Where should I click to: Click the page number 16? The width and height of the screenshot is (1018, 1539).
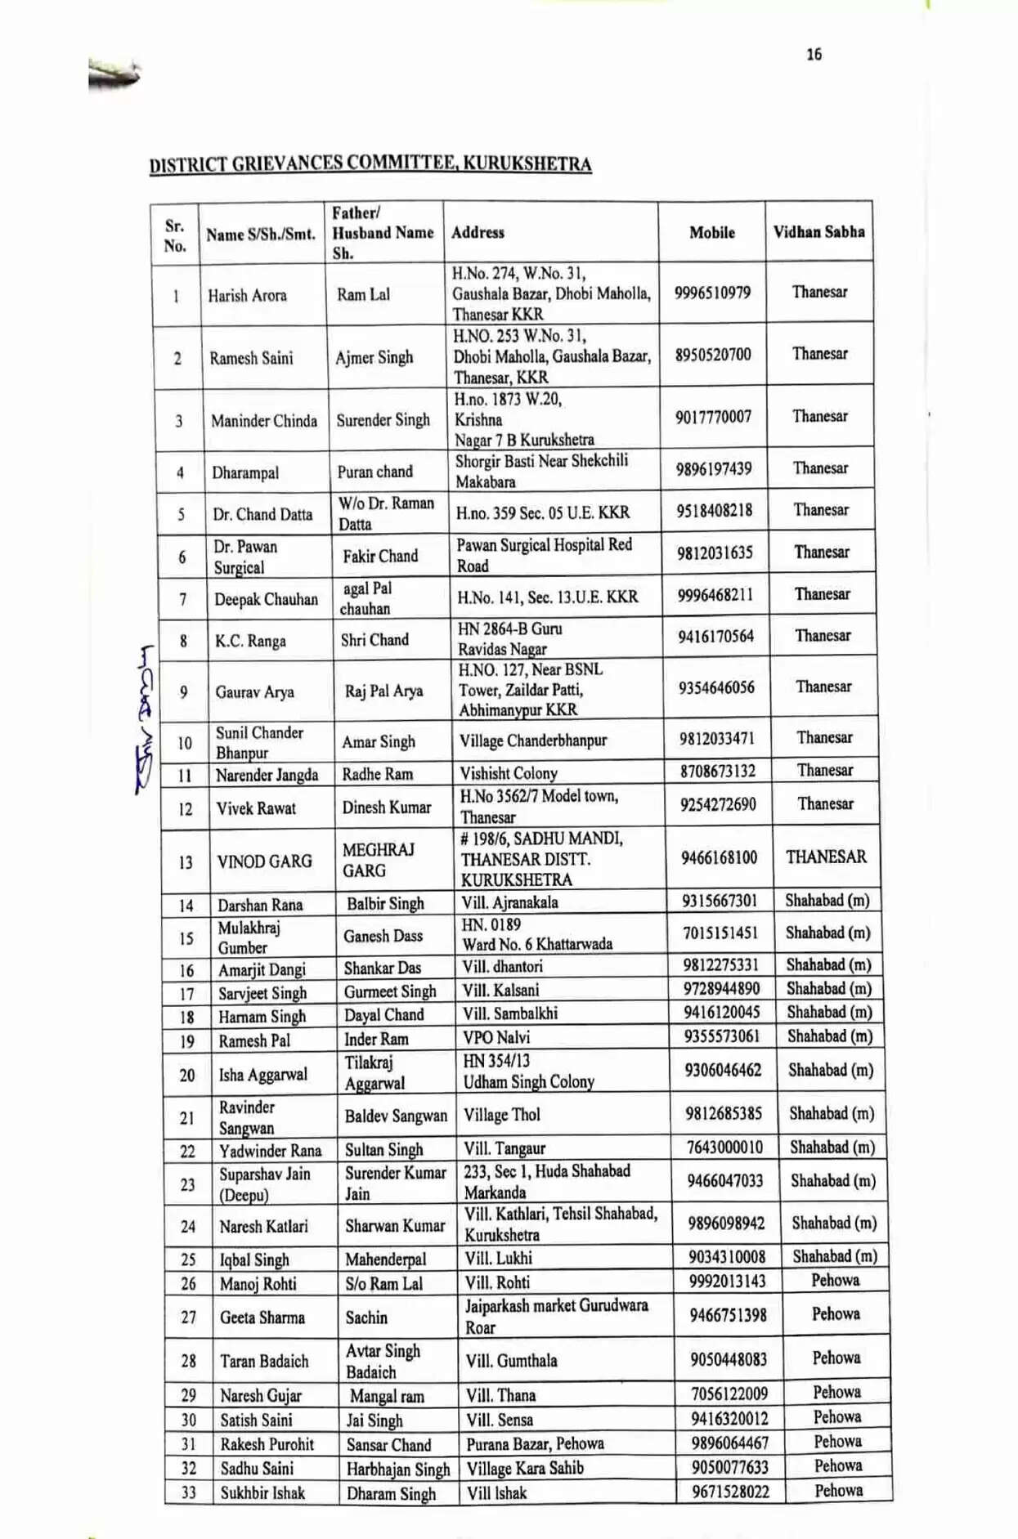coord(814,55)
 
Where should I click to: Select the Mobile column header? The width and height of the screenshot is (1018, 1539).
coord(711,233)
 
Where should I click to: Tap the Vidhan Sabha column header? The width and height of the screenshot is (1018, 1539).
coord(818,232)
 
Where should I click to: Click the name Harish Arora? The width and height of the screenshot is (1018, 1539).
coord(247,296)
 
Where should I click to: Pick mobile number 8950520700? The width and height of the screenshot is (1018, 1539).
coord(712,355)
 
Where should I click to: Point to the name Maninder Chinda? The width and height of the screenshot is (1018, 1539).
coord(263,422)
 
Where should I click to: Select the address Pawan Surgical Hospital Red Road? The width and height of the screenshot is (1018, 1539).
coord(544,556)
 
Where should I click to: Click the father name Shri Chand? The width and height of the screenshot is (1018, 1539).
coord(374,640)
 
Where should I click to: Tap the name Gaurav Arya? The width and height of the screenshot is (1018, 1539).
coord(254,692)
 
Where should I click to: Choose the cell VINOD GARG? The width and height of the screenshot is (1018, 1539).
coord(264,861)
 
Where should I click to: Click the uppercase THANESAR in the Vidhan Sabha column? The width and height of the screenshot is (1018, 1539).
coord(826,857)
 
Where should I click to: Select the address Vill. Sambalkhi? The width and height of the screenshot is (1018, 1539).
coord(510,1013)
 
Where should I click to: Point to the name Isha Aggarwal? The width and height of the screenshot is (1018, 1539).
coord(262,1075)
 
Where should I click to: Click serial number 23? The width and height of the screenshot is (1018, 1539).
coord(187,1184)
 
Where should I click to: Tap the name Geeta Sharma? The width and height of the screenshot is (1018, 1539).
coord(262,1318)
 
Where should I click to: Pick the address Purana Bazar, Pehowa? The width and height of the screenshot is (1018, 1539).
coord(535,1444)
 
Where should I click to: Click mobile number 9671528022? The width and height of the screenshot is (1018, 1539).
coord(730,1492)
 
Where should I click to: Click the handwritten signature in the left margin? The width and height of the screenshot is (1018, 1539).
coord(145,719)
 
